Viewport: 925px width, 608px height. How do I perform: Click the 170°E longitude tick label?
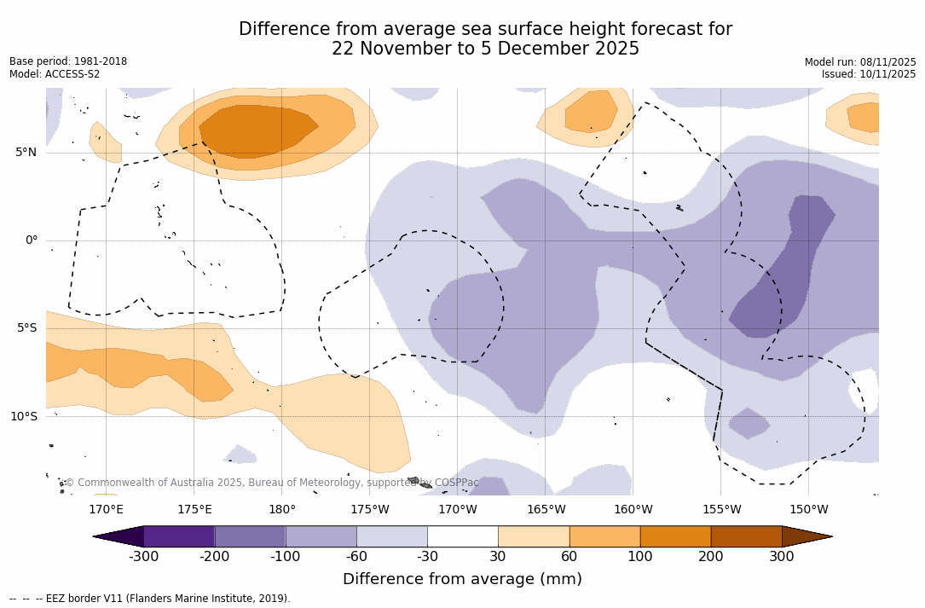tap(106, 510)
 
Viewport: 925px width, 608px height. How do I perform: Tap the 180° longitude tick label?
tap(282, 510)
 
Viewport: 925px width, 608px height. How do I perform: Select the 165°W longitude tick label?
tap(546, 510)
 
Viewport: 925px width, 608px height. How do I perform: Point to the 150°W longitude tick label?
tap(808, 510)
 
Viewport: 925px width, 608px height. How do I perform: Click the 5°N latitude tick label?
tap(26, 153)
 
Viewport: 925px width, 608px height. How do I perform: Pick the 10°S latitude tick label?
tap(23, 417)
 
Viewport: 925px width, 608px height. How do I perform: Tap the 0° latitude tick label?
tap(32, 240)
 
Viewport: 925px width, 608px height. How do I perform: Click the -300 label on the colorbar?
tap(144, 557)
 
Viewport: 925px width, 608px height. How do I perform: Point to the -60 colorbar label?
tap(356, 557)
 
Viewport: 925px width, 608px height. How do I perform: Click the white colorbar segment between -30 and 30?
tap(463, 536)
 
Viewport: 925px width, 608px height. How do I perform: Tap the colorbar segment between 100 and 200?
tap(675, 536)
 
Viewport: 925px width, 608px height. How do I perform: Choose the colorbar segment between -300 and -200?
tap(179, 536)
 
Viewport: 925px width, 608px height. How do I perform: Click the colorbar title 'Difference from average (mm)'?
tap(462, 580)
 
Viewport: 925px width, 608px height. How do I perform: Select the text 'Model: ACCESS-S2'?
tap(55, 74)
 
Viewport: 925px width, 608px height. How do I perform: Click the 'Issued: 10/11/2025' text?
tap(869, 74)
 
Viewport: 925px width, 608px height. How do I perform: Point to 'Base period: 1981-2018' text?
tap(68, 61)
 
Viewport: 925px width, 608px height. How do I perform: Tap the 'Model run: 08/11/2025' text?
tap(860, 61)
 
